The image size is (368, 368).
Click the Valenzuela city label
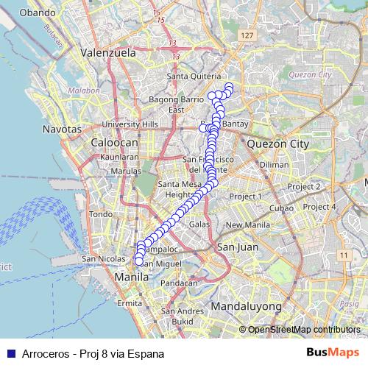[108, 53]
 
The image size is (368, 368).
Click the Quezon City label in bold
[278, 144]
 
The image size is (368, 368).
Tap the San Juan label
[236, 247]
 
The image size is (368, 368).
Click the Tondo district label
[100, 214]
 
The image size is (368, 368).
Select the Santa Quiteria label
[194, 77]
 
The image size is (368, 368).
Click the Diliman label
[274, 165]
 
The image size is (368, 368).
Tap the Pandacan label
[179, 283]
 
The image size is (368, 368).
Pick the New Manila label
[244, 225]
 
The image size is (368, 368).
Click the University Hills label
[130, 124]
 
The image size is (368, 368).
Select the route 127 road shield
[247, 36]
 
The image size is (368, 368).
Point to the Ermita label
[129, 303]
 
